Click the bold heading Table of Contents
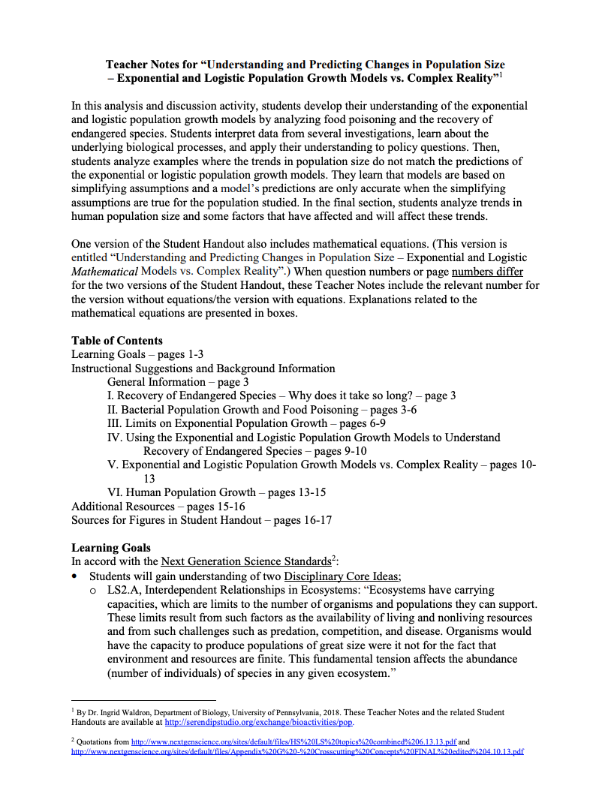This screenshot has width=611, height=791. [x=116, y=341]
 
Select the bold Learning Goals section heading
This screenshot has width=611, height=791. [x=110, y=548]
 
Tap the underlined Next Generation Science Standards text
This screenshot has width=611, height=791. [x=245, y=561]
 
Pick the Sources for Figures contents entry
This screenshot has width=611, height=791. [x=201, y=520]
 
